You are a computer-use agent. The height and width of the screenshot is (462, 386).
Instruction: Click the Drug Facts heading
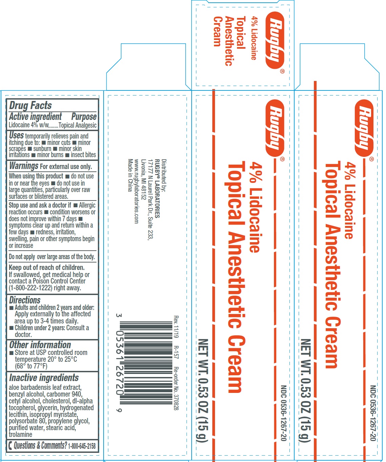[30, 105]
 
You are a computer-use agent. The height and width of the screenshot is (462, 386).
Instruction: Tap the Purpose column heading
[84, 117]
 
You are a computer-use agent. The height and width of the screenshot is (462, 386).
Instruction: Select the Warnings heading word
[24, 166]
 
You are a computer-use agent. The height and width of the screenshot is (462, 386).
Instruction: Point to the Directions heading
[25, 300]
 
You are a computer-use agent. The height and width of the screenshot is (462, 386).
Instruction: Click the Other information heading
[40, 345]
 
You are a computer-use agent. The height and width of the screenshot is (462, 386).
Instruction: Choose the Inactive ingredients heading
[44, 378]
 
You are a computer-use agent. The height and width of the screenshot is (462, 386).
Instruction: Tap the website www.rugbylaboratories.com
[136, 191]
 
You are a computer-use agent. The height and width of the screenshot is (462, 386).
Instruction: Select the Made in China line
[130, 175]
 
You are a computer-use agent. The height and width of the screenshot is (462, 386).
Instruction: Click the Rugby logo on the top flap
[275, 40]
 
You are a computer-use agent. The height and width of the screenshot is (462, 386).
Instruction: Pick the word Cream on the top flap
[217, 31]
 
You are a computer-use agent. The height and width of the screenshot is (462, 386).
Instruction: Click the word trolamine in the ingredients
[20, 435]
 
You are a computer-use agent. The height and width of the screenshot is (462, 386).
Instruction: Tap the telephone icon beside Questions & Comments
[10, 446]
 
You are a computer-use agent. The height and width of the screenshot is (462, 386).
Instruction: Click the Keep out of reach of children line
[47, 268]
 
